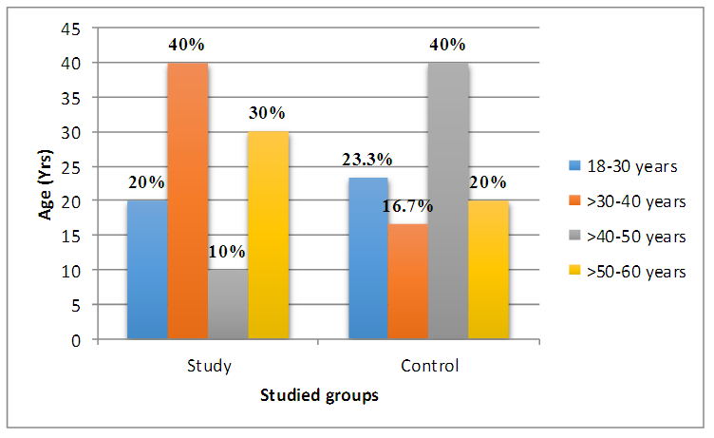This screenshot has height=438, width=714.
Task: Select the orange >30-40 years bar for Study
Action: click(x=188, y=200)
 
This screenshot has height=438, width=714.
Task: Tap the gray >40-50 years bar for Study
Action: click(x=228, y=304)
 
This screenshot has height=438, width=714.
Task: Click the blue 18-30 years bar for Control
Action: click(x=368, y=257)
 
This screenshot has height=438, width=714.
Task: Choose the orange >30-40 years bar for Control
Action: click(x=408, y=281)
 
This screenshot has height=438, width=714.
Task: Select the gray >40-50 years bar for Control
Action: click(x=448, y=200)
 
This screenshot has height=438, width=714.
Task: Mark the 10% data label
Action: click(x=228, y=252)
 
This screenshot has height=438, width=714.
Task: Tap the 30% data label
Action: click(x=268, y=113)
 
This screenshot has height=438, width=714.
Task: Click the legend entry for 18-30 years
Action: click(x=628, y=166)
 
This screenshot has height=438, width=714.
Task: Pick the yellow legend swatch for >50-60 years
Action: click(x=573, y=272)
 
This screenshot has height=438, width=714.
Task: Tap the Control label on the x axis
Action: click(x=430, y=366)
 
